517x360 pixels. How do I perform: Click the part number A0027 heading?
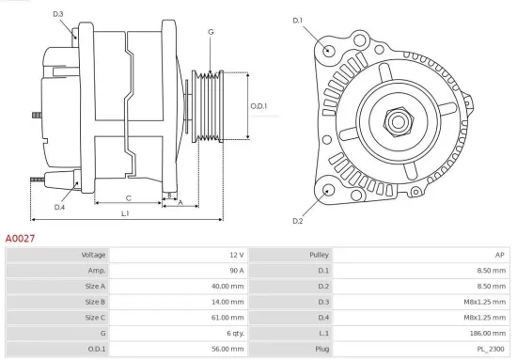tap(21, 240)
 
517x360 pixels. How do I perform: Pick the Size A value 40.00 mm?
tap(229, 286)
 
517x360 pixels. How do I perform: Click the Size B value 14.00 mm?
tap(229, 302)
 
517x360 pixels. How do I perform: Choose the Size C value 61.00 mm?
tap(229, 318)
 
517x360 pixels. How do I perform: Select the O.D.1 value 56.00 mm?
tap(229, 349)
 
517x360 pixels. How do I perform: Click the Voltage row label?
tap(94, 255)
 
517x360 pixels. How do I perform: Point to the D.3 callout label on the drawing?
tap(58, 14)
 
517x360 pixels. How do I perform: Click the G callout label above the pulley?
tap(211, 32)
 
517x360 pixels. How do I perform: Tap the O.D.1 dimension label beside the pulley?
tap(258, 105)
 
